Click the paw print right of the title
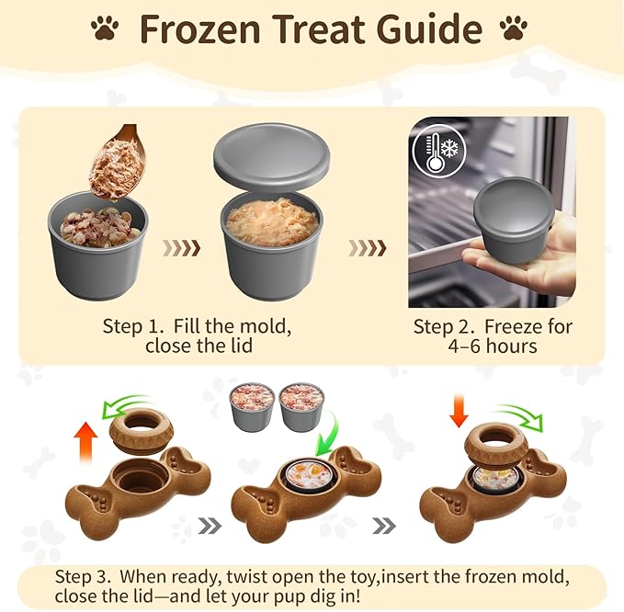pyautogui.click(x=514, y=28)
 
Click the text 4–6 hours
pyautogui.click(x=494, y=346)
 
